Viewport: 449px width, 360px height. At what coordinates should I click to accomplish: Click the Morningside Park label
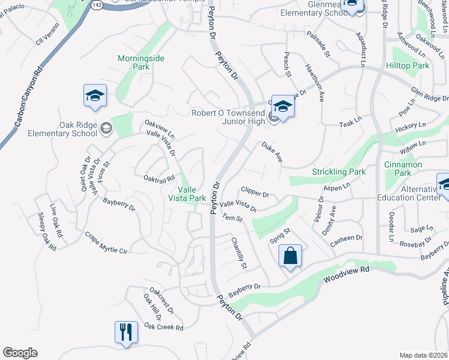(141, 62)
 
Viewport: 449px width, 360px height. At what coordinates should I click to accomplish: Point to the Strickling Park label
(339, 172)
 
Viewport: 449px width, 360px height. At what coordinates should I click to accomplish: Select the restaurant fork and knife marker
(126, 332)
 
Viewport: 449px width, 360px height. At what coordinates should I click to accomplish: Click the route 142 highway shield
(98, 4)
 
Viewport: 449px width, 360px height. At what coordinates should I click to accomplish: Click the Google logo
(20, 353)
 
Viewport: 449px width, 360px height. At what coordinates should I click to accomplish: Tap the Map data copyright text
(423, 355)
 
